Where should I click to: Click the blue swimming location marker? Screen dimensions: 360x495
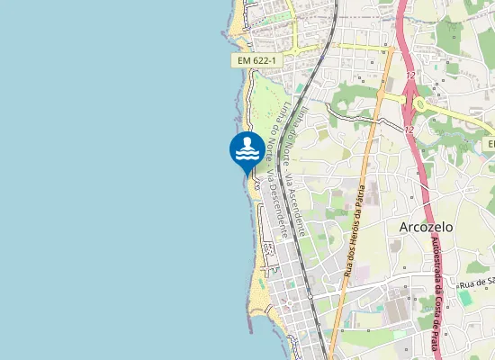point(247,150)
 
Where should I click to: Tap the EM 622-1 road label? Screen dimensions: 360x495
point(256,60)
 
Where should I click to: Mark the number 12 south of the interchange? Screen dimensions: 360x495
point(409,130)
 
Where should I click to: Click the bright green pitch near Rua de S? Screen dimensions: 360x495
point(465,297)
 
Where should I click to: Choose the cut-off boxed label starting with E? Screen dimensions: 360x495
point(490,144)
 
